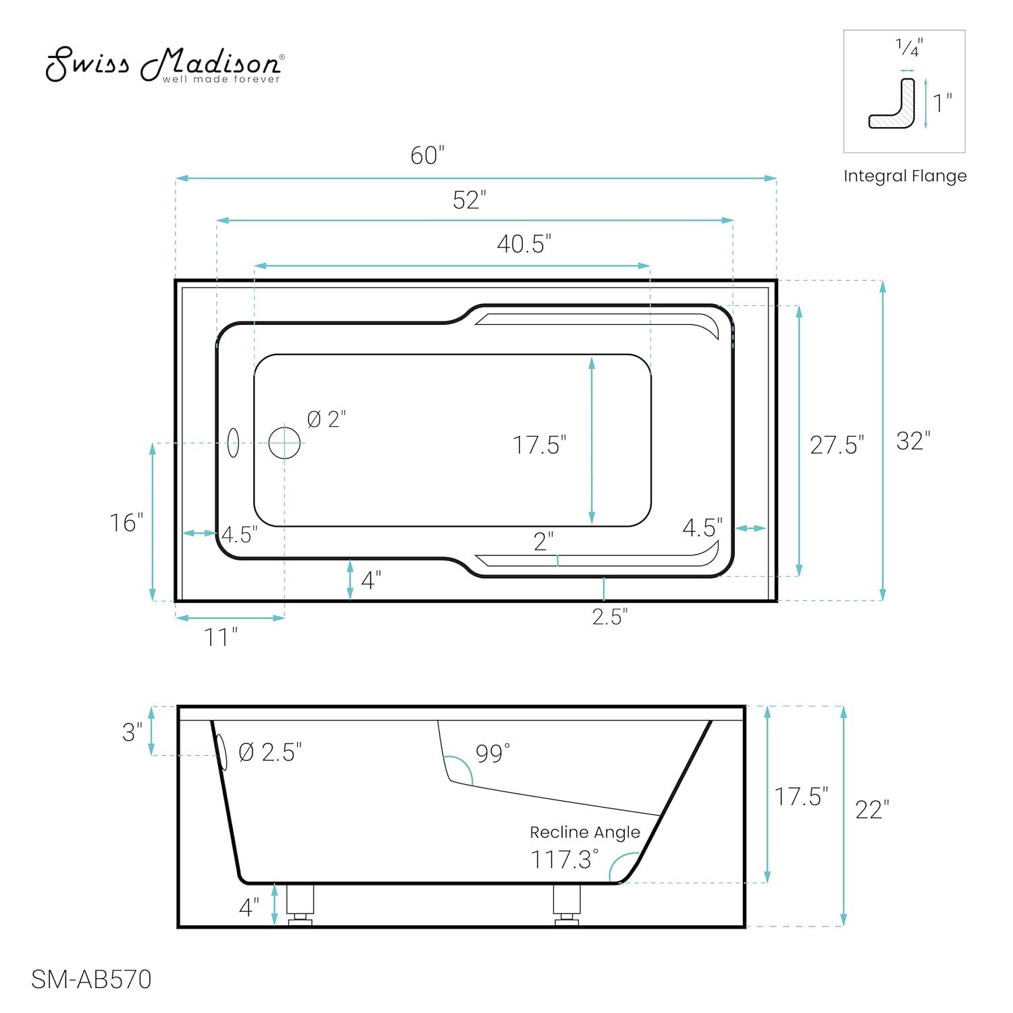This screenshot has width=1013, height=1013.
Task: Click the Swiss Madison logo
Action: [x=164, y=66]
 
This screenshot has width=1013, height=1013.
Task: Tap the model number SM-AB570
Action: [x=91, y=979]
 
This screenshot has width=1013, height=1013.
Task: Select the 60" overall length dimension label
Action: [x=427, y=156]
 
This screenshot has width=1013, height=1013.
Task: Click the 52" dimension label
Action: [x=469, y=201]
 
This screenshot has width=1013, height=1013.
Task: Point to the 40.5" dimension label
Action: [x=524, y=244]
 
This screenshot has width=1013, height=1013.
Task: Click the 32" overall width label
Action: [x=913, y=441]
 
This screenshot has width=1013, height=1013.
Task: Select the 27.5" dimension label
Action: [x=837, y=445]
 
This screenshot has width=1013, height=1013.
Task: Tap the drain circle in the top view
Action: [x=284, y=443]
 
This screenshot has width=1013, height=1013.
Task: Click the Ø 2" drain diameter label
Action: [x=326, y=419]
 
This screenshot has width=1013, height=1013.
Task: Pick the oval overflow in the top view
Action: [x=233, y=442]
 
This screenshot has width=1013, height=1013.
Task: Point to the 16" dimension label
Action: [x=126, y=523]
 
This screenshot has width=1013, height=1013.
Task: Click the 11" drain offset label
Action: [x=221, y=637]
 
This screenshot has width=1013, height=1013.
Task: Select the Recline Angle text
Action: [x=584, y=833]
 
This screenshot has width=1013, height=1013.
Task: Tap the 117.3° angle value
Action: [x=565, y=860]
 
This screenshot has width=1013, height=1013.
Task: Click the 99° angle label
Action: [x=492, y=753]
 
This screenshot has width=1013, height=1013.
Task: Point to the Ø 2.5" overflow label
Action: [x=270, y=752]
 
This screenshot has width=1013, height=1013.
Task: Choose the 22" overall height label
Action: [x=872, y=809]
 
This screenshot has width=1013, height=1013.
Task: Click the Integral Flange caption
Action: [x=904, y=176]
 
